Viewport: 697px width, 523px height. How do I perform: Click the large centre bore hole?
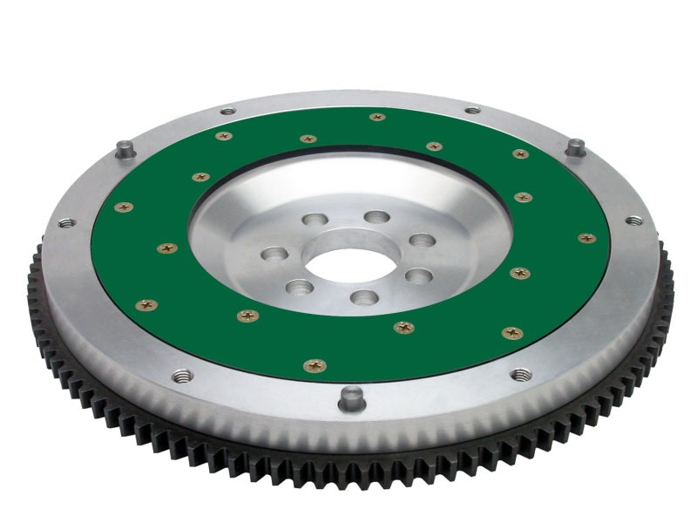(x=342, y=265)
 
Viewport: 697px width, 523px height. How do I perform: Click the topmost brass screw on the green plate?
(x=377, y=117)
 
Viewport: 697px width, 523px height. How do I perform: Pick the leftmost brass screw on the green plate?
(x=124, y=207)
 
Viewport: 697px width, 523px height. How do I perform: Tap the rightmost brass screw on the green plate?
(x=586, y=237)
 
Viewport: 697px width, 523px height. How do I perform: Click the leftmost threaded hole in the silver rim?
(x=66, y=223)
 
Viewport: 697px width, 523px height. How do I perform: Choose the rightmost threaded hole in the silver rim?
(x=634, y=221)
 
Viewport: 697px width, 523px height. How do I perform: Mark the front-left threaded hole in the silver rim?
(x=182, y=377)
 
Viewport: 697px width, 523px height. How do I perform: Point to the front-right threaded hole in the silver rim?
(x=520, y=374)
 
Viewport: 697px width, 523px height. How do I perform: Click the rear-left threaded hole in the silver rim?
(x=227, y=111)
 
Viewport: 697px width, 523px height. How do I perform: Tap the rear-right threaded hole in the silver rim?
(x=472, y=111)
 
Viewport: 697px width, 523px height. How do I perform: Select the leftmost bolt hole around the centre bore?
(x=273, y=255)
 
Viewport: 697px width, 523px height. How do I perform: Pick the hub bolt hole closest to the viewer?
(x=363, y=298)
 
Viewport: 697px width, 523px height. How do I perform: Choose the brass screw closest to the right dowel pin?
(x=520, y=154)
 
